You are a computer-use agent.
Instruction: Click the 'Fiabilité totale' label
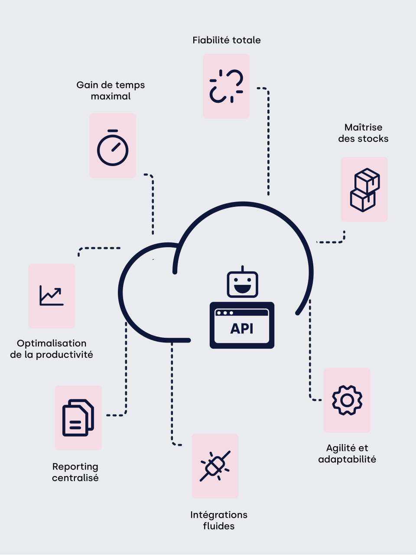pos(227,40)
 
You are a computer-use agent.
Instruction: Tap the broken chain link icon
pos(226,86)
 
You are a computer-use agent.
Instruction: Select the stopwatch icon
pos(113,147)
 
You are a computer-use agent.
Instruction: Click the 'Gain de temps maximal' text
pos(110,91)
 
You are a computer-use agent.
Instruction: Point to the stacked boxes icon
pos(364,189)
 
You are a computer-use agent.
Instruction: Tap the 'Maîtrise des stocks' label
pos(363,133)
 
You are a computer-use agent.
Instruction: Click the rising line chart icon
pos(52,296)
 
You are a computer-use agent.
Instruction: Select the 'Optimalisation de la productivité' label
pos(52,349)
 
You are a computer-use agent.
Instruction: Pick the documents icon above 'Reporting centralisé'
pos(78,418)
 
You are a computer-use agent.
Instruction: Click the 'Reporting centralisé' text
pos(75,472)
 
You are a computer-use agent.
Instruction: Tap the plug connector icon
pos(215,466)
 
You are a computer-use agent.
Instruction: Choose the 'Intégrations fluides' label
pos(219,520)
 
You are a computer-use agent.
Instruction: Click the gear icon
pos(347,400)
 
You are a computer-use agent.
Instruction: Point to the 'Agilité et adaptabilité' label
pos(347,454)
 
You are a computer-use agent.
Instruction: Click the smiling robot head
pos(243,284)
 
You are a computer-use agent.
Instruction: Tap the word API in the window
pos(242,329)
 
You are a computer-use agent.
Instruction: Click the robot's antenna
pos(243,269)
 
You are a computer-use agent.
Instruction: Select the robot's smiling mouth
pos(243,288)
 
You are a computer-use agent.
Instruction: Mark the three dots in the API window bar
pos(225,313)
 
